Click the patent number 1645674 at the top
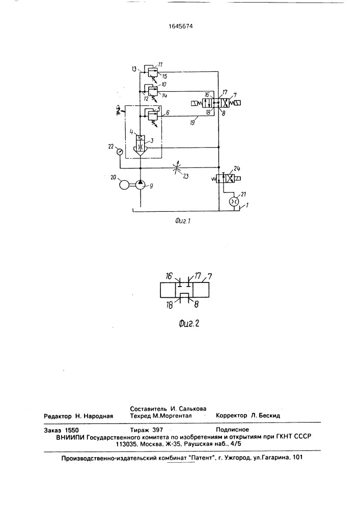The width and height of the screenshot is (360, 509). tap(181, 26)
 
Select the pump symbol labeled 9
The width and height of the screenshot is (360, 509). tap(140, 185)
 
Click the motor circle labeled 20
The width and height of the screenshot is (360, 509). tap(124, 185)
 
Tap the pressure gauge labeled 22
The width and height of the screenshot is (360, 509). tap(120, 151)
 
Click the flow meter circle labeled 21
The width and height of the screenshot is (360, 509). tap(233, 201)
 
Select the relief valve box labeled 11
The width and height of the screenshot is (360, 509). tap(150, 71)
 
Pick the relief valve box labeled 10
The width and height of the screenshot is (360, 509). tap(150, 91)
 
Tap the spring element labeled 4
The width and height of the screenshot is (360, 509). tap(140, 138)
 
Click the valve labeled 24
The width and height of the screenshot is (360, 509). tap(226, 179)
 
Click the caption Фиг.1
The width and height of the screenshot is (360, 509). tap(182, 221)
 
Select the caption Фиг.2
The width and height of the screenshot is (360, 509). tap(189, 323)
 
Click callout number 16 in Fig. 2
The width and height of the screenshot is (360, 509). tap(170, 276)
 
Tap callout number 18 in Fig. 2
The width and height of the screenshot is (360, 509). tap(170, 305)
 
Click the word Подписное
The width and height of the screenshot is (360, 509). tap(232, 430)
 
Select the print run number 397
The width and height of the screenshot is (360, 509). tap(157, 430)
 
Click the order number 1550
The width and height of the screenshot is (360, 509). tap(71, 431)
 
